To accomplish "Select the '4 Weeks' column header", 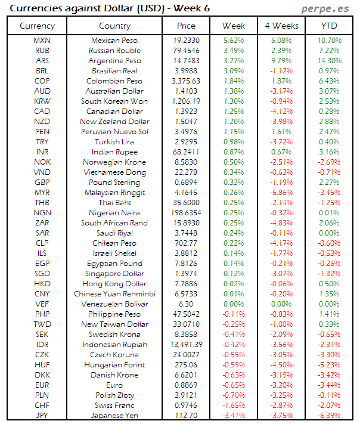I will pos(281,26).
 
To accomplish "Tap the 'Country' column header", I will pos(114,26).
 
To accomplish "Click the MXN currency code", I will pos(42,41).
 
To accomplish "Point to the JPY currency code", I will pos(42,416).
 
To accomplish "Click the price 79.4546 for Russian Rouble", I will pos(186,51).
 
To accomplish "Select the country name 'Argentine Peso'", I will pos(114,61).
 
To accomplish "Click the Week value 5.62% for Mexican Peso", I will pos(233,41).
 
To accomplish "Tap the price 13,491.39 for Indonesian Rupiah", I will pos(186,345).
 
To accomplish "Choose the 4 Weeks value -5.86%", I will pos(281,193).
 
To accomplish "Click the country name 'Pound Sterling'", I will pos(114,182).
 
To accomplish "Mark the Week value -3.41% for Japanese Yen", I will pos(233,416).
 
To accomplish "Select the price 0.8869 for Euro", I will pos(186,385).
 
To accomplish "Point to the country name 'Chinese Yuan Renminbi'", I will pos(114,294).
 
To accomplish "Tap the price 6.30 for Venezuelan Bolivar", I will pos(186,304).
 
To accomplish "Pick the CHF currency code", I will pos(42,406).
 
